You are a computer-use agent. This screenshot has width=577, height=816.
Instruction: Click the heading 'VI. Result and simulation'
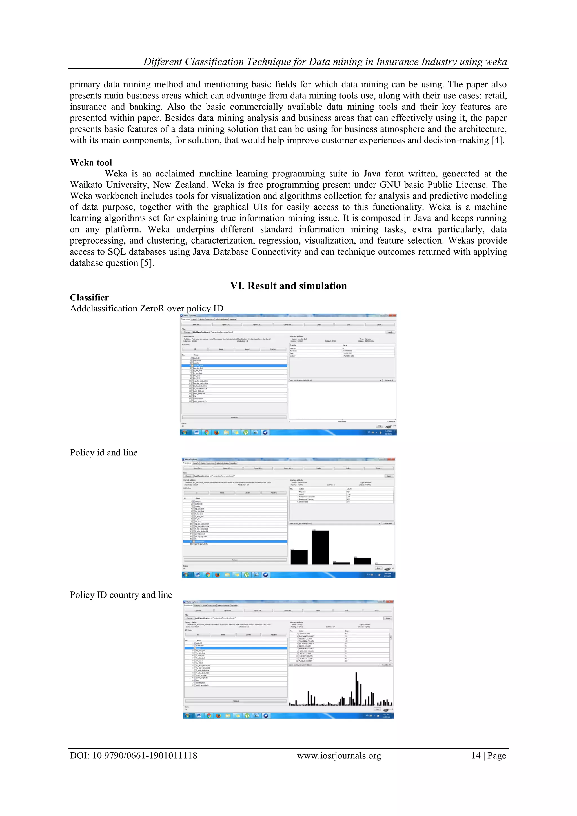288,286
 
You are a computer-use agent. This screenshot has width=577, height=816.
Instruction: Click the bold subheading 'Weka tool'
91,162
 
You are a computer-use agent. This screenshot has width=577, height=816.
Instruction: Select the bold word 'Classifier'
89,297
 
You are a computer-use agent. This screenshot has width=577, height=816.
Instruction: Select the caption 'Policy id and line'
104,452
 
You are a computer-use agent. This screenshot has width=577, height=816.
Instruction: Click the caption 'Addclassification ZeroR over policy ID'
147,308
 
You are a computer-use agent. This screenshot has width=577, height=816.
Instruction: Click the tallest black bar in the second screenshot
320,547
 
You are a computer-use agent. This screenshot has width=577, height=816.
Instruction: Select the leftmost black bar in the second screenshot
299,557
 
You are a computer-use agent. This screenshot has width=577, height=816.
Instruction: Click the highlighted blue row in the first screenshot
234,365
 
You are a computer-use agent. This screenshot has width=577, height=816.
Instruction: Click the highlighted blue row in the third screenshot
236,648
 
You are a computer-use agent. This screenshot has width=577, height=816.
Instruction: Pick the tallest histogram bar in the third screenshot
356,689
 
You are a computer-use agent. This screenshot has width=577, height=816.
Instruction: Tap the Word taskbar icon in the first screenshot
196,432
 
